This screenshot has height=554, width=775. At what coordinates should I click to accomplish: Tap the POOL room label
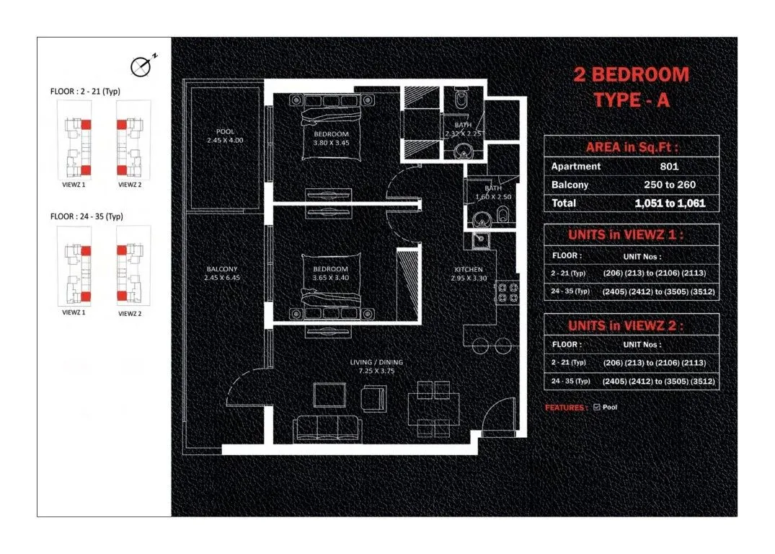225,131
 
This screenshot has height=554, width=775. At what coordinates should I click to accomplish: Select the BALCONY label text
221,270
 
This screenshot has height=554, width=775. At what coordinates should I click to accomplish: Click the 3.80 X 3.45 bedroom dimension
331,143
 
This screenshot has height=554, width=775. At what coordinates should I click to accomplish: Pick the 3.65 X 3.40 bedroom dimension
331,277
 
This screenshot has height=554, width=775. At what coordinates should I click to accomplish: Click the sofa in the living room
328,427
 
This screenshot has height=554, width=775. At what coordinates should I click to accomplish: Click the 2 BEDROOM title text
631,74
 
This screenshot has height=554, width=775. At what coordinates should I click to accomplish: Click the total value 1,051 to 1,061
669,203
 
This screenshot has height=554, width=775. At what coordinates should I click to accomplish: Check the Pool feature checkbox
596,408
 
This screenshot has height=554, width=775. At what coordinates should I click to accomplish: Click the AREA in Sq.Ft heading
631,146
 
